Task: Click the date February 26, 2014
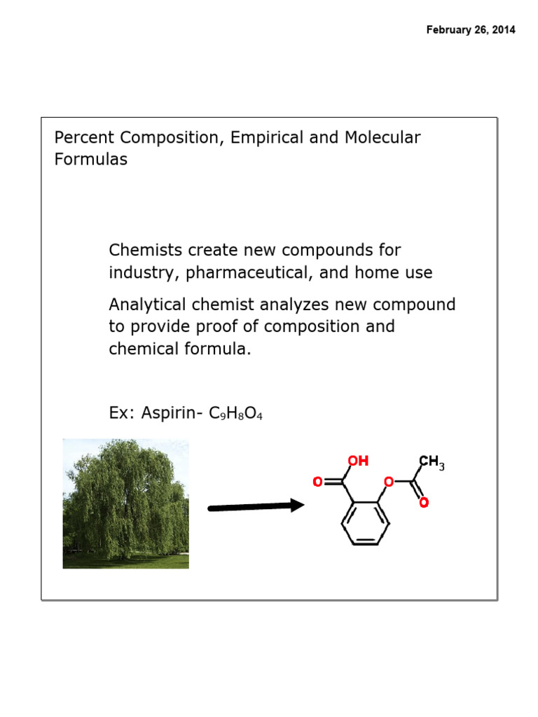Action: tap(470, 30)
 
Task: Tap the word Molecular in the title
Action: tap(382, 137)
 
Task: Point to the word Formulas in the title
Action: tap(91, 159)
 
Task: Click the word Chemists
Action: tap(142, 250)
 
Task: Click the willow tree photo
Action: tap(125, 503)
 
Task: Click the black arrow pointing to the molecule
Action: tap(256, 506)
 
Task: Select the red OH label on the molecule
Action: tap(358, 461)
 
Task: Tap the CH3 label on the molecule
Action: tap(432, 462)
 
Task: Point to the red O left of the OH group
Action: tap(317, 482)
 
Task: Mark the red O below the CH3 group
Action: tap(424, 503)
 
